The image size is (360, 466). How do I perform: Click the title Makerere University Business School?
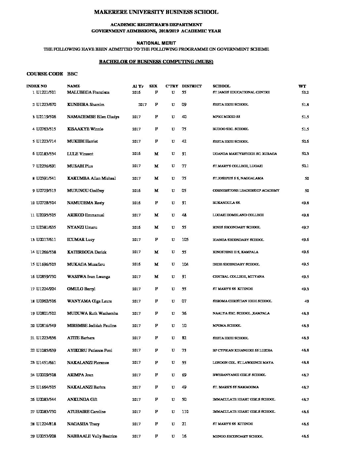[156, 12]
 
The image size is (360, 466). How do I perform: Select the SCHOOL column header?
[221, 86]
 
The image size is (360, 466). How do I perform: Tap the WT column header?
[302, 86]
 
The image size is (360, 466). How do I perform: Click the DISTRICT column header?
[192, 86]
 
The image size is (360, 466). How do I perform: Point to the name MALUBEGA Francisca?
[88, 92]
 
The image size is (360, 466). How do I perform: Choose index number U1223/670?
[46, 105]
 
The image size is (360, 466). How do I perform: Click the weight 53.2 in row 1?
[305, 92]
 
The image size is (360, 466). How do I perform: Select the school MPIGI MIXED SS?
[226, 117]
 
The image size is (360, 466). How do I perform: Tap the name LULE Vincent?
[80, 154]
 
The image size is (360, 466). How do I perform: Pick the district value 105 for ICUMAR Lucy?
[185, 240]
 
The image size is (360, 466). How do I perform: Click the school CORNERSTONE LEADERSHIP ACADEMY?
[246, 191]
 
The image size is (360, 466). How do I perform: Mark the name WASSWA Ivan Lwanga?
[88, 277]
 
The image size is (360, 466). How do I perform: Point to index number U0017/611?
[46, 240]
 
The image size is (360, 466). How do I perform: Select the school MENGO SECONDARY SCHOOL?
[238, 437]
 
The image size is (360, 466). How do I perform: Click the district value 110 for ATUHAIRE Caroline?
[185, 412]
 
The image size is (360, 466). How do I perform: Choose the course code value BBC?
[72, 74]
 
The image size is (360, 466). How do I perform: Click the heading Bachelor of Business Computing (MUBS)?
[156, 62]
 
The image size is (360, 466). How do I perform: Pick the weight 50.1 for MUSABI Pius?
[305, 166]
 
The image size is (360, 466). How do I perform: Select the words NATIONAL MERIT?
[156, 43]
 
